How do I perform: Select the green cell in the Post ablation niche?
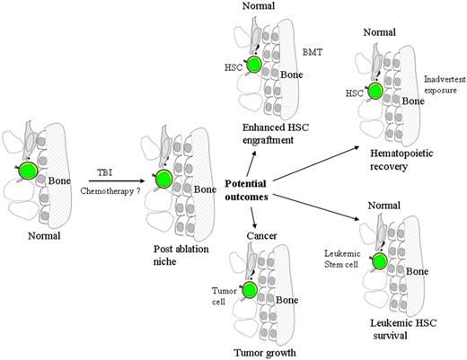[x=162, y=179]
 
